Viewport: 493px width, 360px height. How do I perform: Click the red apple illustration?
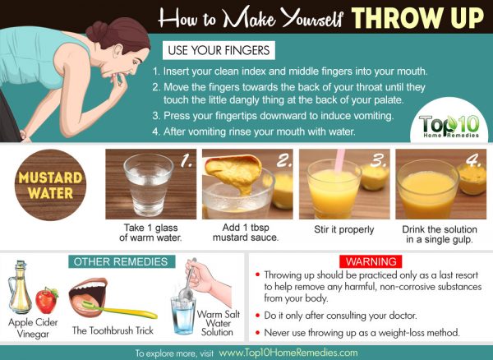47,301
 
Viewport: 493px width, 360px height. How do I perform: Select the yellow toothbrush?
120,309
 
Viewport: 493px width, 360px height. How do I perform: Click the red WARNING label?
371,261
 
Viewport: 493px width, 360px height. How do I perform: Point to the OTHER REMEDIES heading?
122,261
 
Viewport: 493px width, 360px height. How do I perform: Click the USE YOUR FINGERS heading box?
219,50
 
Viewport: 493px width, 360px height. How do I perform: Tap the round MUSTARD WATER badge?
50,185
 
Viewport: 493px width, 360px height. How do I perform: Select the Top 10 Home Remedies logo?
449,127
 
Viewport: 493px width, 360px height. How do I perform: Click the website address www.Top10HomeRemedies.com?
288,353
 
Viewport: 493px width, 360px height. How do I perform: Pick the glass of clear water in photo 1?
149,185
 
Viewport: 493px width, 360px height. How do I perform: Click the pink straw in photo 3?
339,160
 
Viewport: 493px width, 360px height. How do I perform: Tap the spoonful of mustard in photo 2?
234,172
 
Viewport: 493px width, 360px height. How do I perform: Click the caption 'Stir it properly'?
344,229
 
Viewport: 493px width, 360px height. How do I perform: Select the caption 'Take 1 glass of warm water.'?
150,233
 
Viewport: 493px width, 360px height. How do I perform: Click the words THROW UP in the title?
417,18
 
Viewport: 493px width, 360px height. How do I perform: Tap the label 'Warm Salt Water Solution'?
219,323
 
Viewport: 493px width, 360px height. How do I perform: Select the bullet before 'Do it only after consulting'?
258,315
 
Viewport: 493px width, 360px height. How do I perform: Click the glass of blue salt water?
183,316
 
